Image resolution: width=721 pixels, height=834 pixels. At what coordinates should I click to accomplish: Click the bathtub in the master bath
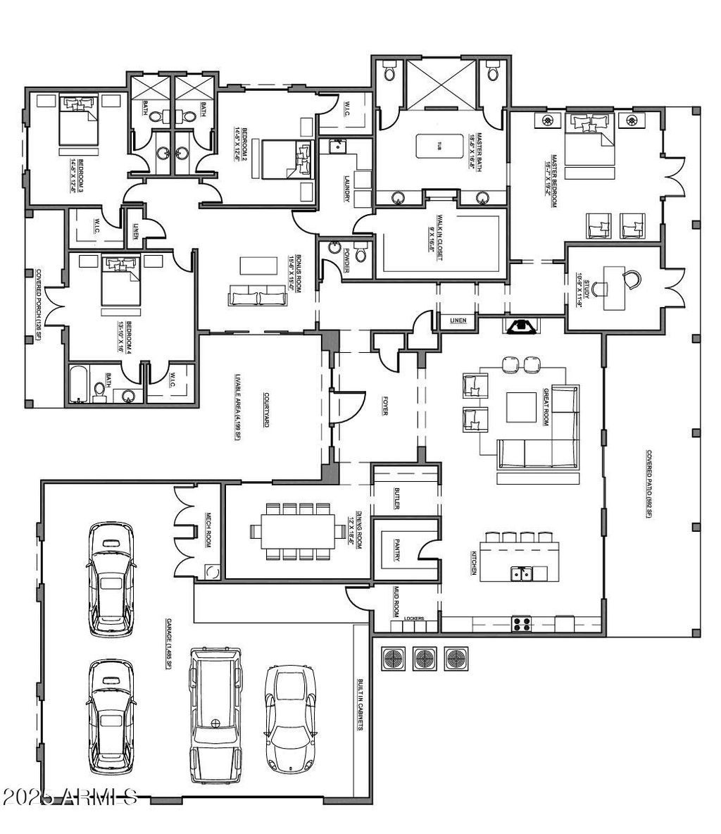[x=439, y=147]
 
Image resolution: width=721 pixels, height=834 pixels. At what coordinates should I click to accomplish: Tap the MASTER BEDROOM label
[x=554, y=180]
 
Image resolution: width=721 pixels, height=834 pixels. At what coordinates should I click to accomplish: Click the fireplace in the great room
[x=521, y=326]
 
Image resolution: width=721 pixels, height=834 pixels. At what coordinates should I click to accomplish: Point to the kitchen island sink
[x=522, y=575]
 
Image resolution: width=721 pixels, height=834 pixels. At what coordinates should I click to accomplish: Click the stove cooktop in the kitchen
[x=521, y=623]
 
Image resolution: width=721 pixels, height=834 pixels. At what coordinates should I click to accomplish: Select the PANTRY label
[x=397, y=549]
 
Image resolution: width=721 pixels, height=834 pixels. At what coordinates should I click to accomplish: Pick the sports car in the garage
[x=288, y=718]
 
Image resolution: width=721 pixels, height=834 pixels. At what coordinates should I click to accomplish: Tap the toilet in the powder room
[x=361, y=251]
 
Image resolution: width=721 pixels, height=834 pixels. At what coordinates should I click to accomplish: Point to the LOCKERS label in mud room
[x=414, y=618]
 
